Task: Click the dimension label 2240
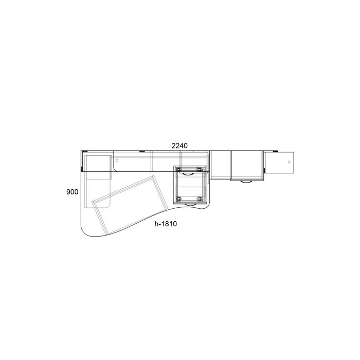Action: point(179,146)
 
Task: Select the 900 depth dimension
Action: point(73,192)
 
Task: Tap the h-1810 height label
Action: point(166,224)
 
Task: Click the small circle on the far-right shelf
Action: point(289,162)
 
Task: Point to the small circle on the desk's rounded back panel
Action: point(117,160)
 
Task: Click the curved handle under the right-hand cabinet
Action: point(246,182)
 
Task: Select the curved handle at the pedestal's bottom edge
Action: point(190,205)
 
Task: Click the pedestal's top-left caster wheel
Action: point(178,170)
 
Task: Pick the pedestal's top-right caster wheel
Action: point(200,170)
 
